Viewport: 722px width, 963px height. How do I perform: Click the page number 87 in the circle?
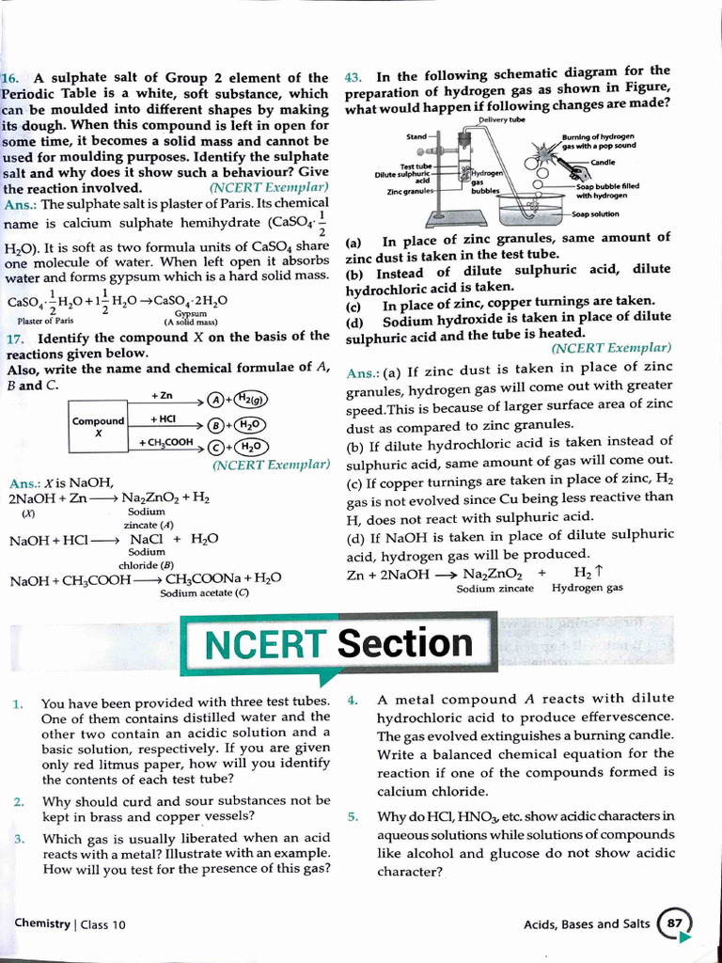coord(673,924)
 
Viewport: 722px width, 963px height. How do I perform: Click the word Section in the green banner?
coord(405,643)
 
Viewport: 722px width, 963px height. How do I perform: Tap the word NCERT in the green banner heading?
coord(263,644)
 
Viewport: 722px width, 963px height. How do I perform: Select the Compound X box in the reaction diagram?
coord(98,427)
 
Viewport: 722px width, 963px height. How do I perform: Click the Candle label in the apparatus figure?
coord(603,163)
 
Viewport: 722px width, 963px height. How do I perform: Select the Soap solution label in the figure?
coord(595,213)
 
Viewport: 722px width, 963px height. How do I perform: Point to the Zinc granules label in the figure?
coord(409,192)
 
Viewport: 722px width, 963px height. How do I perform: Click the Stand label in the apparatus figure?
coord(416,137)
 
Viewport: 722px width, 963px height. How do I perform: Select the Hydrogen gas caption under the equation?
coord(587,588)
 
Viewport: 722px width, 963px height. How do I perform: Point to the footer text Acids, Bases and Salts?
coord(586,924)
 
